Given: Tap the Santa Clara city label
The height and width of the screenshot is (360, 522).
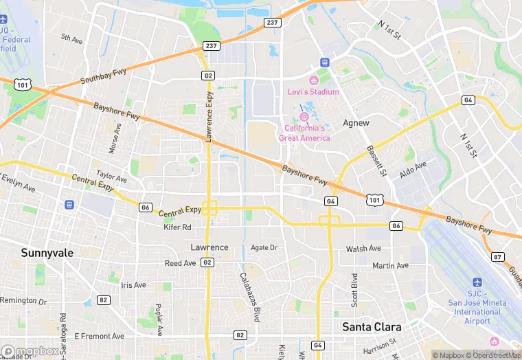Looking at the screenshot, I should tap(372, 327).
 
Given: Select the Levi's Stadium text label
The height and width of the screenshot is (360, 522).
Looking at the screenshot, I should tap(313, 92).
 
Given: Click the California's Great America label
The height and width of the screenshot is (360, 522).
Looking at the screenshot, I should tap(304, 133).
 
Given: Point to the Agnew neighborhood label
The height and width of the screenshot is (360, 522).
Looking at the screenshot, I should tap(356, 123).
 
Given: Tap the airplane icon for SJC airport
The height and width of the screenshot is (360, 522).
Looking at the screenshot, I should tap(478, 283).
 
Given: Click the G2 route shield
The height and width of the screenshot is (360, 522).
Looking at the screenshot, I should tap(208, 75).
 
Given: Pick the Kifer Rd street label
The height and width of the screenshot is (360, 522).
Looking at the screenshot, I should tap(177, 227).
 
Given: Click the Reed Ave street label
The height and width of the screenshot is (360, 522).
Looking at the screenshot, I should tap(180, 263).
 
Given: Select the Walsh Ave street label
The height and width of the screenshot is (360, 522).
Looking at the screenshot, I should tap(363, 249).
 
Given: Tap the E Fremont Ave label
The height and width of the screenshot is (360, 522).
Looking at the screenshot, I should tap(99, 336).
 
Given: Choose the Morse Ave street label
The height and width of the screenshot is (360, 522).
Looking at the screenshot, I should tap(114, 138).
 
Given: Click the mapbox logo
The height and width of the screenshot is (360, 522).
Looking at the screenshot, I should tap(30, 350).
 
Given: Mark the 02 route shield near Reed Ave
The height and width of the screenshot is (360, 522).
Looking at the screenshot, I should tap(208, 262).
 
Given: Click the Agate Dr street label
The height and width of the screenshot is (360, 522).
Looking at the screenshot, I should tap(264, 247).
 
